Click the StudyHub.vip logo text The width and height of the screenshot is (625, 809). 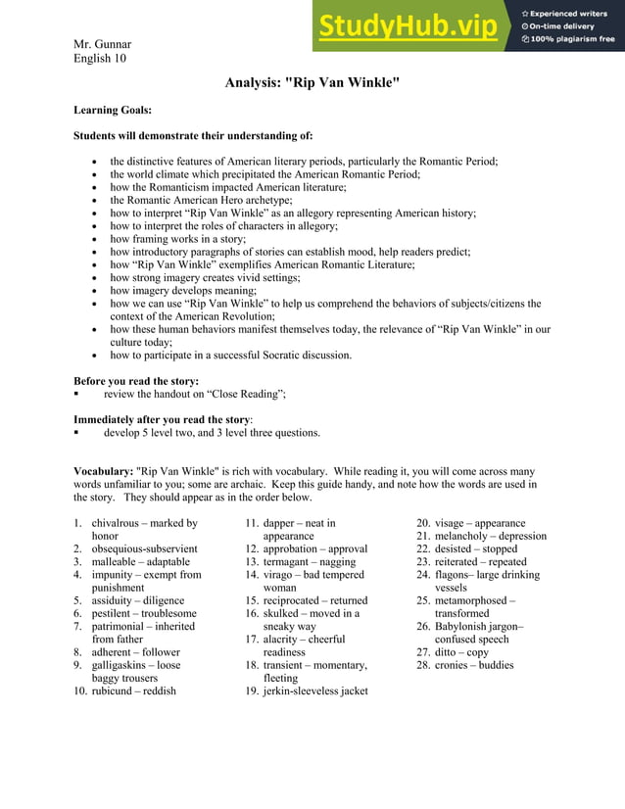(407, 26)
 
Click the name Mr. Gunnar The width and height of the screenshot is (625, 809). (102, 44)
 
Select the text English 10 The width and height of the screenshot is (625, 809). (100, 58)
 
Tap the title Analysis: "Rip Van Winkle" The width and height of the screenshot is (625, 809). (312, 83)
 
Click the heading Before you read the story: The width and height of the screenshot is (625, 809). (136, 381)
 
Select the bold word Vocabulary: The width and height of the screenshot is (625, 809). (103, 471)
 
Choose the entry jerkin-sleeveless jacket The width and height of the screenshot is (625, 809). (315, 690)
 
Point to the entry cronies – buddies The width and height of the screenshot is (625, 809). (474, 665)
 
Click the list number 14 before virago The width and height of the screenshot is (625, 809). (252, 575)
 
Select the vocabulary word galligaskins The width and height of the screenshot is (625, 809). (122, 665)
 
